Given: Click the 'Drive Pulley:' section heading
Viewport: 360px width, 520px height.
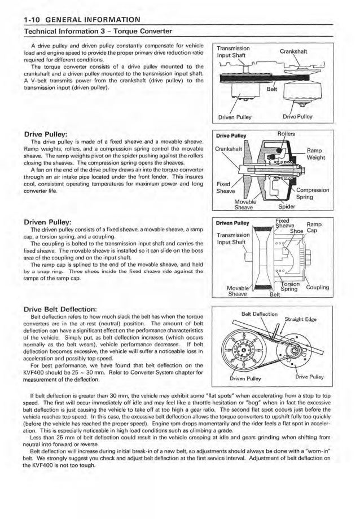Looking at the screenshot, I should click(x=45, y=134).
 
